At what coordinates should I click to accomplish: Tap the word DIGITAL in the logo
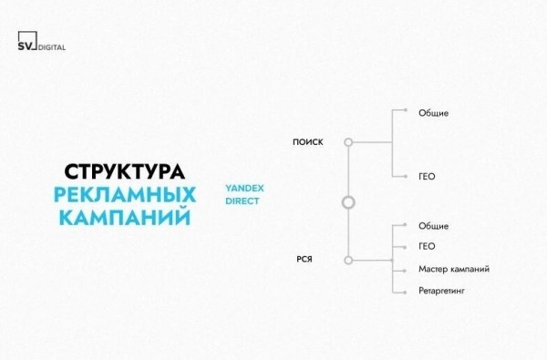click(x=53, y=47)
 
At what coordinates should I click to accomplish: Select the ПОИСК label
click(x=307, y=142)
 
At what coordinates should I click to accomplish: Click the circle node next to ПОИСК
click(x=347, y=142)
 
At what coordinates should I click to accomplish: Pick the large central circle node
click(x=347, y=201)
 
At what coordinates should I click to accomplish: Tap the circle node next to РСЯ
click(x=347, y=260)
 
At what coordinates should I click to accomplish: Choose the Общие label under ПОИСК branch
click(x=434, y=113)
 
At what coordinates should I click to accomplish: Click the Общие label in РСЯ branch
click(x=434, y=225)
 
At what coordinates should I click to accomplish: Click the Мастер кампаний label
click(x=455, y=270)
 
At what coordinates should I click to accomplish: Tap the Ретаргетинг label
click(x=444, y=292)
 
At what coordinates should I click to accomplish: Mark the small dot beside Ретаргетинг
click(x=393, y=292)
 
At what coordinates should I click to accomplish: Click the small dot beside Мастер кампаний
click(x=393, y=270)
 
